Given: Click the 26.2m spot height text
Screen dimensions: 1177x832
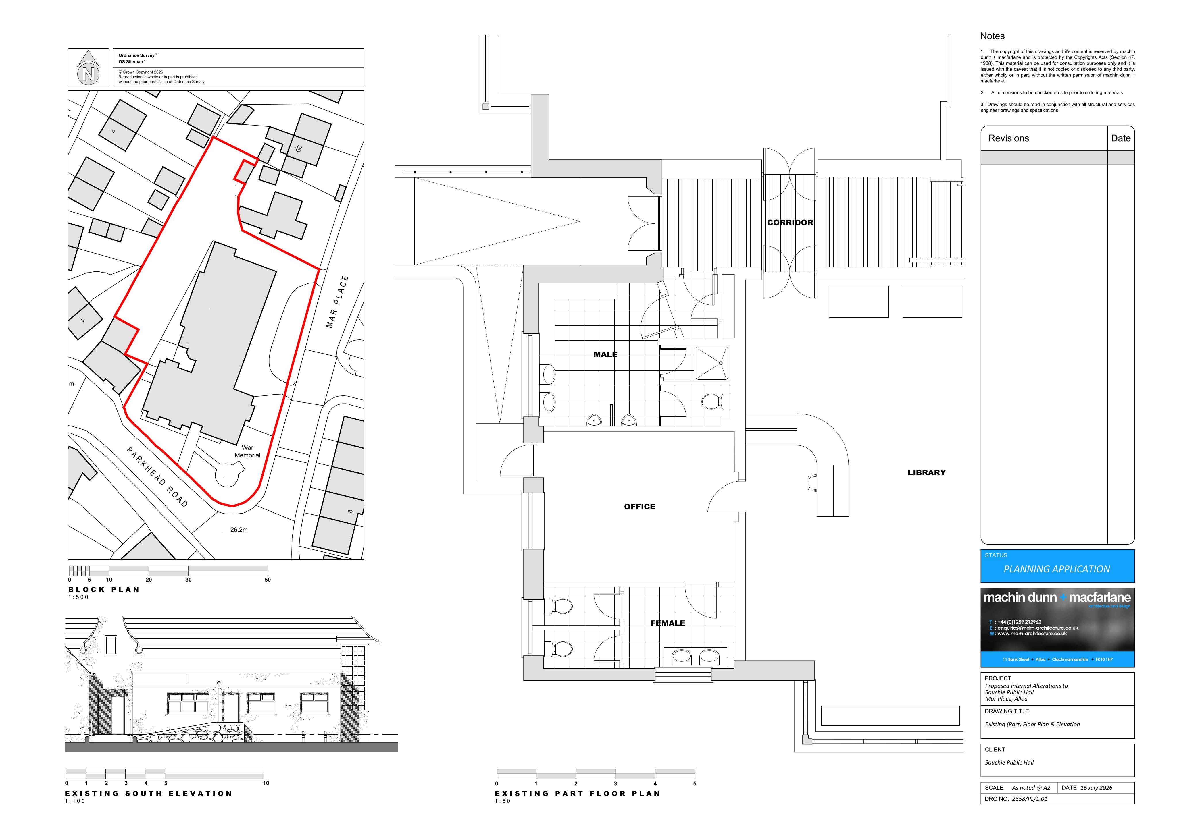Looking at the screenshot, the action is [x=239, y=530].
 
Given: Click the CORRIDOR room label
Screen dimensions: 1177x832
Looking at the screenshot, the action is [x=790, y=222].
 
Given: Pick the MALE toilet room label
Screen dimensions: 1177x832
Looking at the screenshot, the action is [x=605, y=354].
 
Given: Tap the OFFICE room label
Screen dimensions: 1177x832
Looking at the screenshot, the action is [x=640, y=507].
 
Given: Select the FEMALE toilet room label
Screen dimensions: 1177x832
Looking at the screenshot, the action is [x=668, y=623].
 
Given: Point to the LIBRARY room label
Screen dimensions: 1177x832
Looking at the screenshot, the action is [x=927, y=472].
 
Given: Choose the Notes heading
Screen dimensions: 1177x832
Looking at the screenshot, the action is [x=993, y=36].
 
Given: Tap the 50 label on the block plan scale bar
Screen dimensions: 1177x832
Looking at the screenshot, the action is [x=268, y=580].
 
